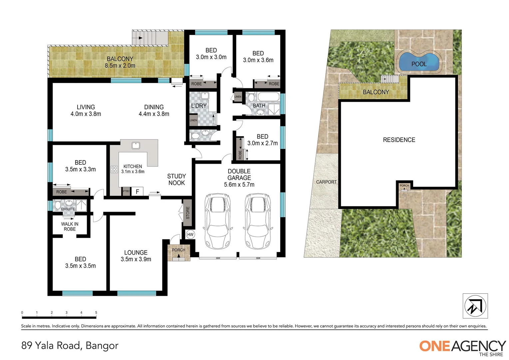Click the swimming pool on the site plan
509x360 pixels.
[x=419, y=62]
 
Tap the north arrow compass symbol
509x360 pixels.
[x=475, y=306]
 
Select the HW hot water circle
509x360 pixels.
[x=190, y=235]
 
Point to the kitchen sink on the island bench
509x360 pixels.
[x=136, y=145]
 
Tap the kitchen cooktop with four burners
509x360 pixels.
[x=114, y=169]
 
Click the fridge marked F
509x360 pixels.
[x=137, y=192]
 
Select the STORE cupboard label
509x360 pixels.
[x=188, y=213]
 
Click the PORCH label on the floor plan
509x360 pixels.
[x=179, y=250]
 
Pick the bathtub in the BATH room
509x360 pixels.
[x=268, y=97]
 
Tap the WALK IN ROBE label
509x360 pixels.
[x=70, y=227]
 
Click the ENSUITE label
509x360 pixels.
[x=68, y=209]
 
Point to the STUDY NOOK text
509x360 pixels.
[x=177, y=179]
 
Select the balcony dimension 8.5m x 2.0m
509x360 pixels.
[x=120, y=66]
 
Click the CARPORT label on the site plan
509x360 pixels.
[x=326, y=182]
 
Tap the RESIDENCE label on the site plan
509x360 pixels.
[x=399, y=140]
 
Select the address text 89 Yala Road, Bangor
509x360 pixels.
[x=70, y=345]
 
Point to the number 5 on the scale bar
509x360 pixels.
[x=96, y=313]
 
